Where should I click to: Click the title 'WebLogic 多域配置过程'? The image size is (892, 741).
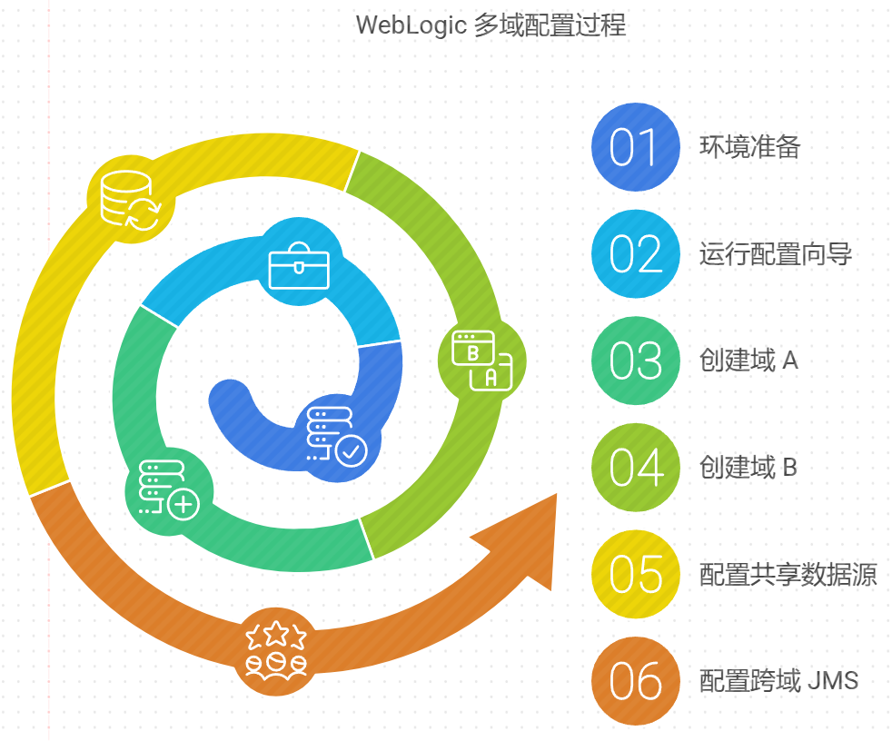(x=491, y=25)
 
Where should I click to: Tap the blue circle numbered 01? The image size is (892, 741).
(x=635, y=148)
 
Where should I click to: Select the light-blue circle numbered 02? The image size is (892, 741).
(x=635, y=254)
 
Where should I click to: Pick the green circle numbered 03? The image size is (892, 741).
(x=635, y=361)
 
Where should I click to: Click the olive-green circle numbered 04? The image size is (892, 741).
(x=635, y=468)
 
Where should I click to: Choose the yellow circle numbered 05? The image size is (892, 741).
(x=635, y=575)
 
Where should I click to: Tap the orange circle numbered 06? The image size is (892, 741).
(x=635, y=681)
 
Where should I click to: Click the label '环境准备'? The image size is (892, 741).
(x=749, y=147)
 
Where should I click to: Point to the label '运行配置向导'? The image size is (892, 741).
(x=775, y=254)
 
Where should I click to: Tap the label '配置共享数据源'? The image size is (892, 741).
(x=788, y=575)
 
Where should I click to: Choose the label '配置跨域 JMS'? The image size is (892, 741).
(x=778, y=681)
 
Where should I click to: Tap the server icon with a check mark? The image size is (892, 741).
(x=337, y=437)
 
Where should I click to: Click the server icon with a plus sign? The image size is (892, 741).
(x=169, y=491)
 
